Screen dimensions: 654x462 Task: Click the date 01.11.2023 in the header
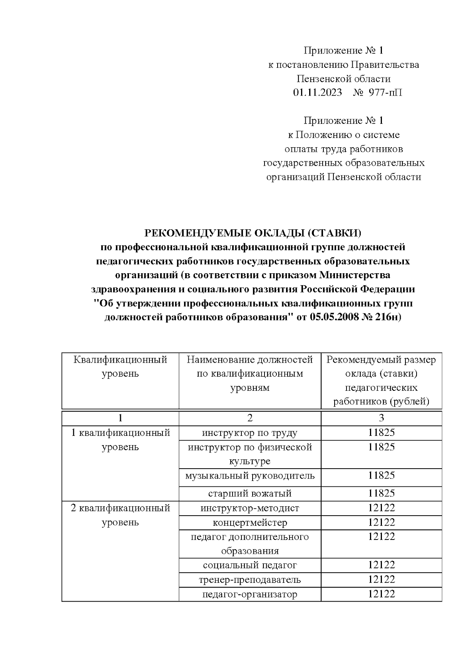[317, 93]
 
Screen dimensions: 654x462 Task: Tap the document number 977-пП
[385, 93]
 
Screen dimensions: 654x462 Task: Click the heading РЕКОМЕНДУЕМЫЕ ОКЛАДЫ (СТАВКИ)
[253, 233]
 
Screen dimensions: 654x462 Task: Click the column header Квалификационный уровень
[120, 367]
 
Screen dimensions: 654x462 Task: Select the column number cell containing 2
[250, 418]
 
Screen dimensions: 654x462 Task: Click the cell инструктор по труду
[250, 433]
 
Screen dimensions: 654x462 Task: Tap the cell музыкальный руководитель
[250, 476]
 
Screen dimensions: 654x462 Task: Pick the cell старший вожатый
[250, 493]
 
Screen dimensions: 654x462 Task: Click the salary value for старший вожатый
[381, 493]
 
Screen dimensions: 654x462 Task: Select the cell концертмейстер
[250, 523]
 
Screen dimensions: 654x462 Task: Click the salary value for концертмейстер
[381, 523]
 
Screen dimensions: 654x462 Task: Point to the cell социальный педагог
[250, 565]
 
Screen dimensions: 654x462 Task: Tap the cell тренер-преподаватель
[250, 580]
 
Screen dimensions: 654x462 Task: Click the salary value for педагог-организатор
[381, 594]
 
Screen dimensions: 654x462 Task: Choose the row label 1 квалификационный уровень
[120, 440]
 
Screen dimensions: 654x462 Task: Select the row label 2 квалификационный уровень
[120, 515]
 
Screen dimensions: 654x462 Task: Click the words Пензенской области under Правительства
[343, 79]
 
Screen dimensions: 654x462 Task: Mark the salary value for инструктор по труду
[381, 433]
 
